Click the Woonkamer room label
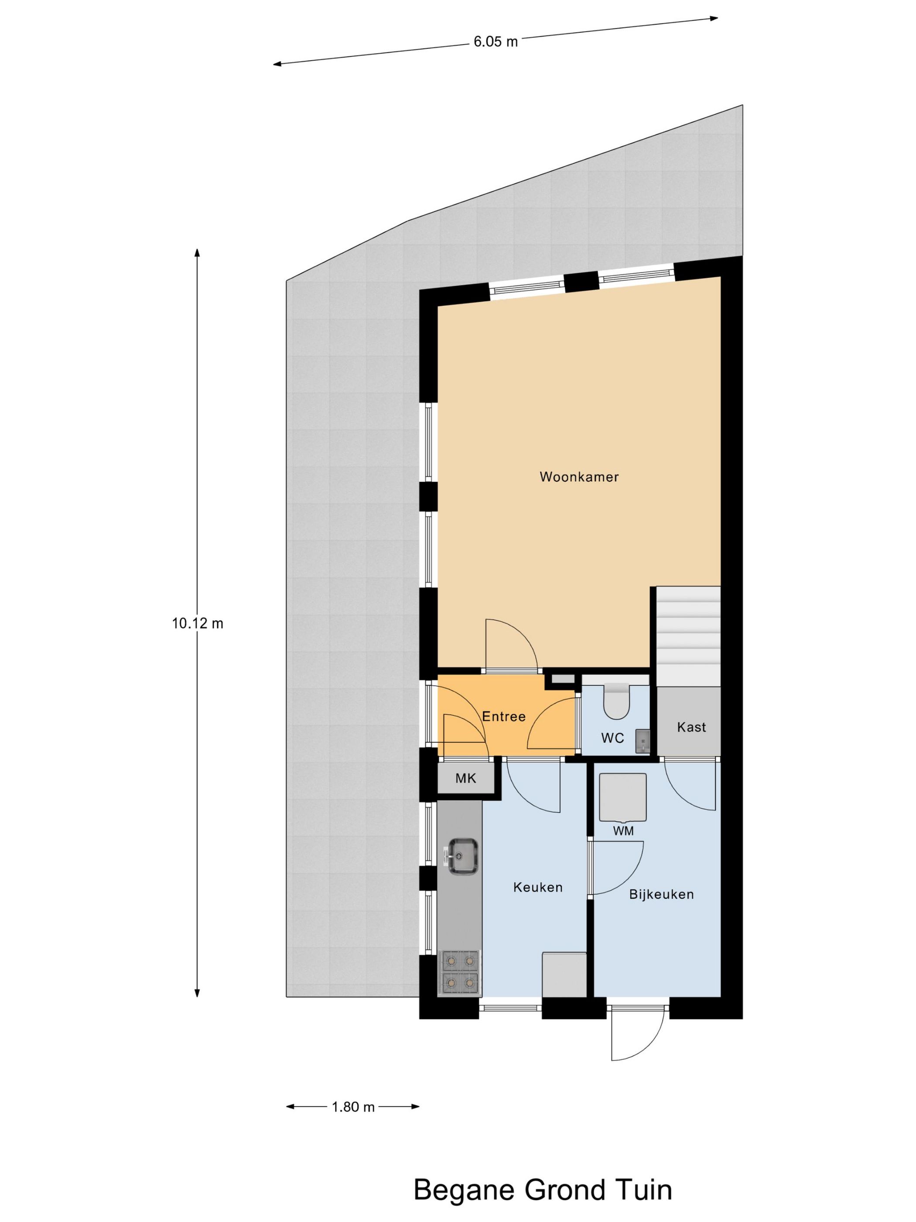pos(579,477)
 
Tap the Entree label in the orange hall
pos(503,717)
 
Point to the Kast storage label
pos(691,727)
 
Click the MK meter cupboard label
pos(465,779)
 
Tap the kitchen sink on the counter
pos(463,856)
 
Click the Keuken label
pos(538,887)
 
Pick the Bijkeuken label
pos(661,894)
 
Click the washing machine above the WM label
pos(623,798)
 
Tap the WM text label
pos(623,831)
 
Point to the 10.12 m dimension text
pos(197,624)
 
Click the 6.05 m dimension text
pos(495,42)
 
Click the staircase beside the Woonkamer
pos(688,635)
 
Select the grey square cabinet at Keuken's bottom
pos(564,974)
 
